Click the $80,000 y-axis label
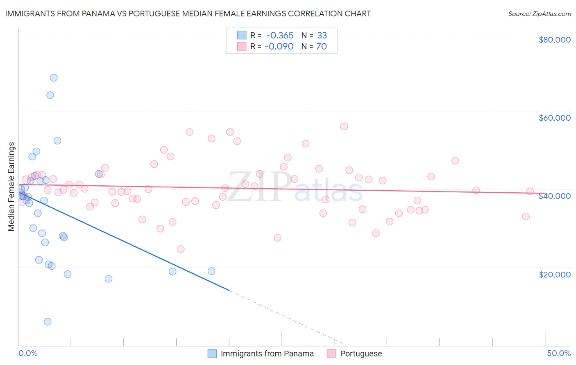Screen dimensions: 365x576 554,40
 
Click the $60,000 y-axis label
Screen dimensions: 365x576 554,118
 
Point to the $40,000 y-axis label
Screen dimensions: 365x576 554,196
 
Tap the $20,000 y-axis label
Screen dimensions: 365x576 554,274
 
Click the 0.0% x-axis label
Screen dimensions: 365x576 28,353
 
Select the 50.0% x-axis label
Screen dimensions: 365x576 558,353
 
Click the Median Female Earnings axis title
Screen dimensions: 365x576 11,187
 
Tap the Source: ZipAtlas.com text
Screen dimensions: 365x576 539,14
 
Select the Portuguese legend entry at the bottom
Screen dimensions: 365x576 361,354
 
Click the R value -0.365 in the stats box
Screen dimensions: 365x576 280,36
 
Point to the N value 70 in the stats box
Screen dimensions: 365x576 322,47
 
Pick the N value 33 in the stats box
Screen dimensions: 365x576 322,36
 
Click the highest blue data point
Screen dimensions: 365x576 54,78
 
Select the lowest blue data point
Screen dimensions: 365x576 48,322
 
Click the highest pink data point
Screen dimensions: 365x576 344,126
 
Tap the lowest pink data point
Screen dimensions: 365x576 181,249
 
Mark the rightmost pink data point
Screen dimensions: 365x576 530,191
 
